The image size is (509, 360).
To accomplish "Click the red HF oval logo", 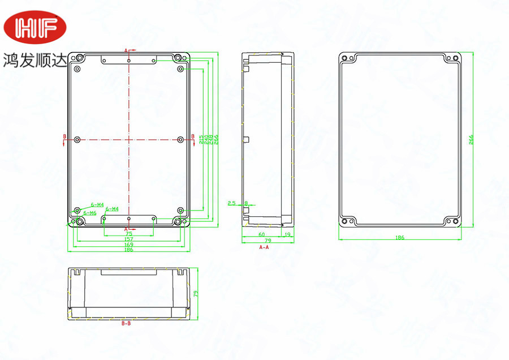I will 35,25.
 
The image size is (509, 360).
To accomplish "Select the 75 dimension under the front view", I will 128,233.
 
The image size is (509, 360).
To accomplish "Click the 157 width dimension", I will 128,239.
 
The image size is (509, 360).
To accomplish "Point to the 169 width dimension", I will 128,245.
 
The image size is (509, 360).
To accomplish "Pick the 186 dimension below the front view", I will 128,250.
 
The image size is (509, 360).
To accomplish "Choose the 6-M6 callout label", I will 89,213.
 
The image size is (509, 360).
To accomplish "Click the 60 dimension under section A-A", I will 261,233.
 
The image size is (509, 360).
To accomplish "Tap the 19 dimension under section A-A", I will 287,233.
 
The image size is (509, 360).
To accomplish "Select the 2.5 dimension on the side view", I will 231,203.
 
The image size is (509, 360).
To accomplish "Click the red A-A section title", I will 264,248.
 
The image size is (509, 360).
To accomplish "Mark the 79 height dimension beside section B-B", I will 196,293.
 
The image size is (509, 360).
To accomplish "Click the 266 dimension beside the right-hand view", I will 471,140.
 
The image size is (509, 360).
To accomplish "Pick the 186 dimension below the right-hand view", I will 400,238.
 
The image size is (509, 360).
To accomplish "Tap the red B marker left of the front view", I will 64,136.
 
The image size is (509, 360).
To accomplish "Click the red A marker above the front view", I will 126,50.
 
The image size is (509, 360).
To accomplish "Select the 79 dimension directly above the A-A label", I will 268,241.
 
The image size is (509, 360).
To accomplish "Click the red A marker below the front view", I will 126,228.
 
